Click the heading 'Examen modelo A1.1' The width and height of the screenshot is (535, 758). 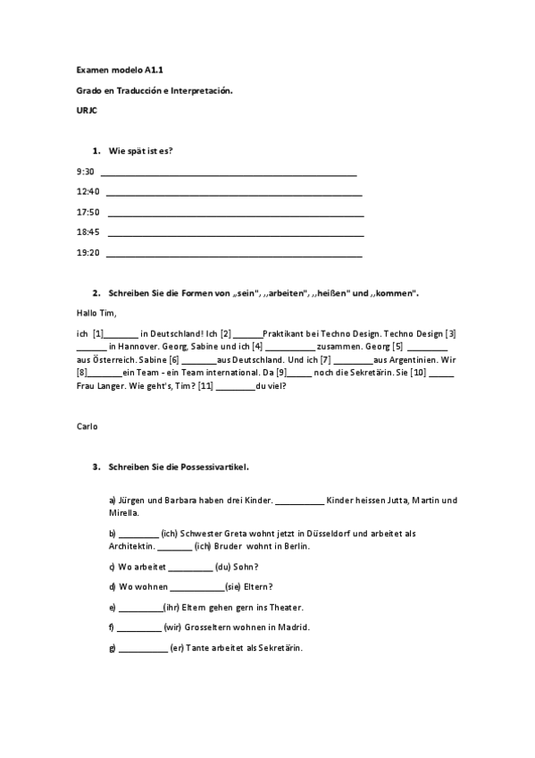pyautogui.click(x=114, y=69)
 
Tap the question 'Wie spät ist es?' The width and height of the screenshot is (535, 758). pyautogui.click(x=141, y=150)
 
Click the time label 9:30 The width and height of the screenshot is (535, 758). pyautogui.click(x=86, y=171)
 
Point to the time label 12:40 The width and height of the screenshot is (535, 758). pyautogui.click(x=88, y=191)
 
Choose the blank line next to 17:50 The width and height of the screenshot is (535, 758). pyautogui.click(x=234, y=215)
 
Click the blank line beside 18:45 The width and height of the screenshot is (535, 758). pyautogui.click(x=234, y=235)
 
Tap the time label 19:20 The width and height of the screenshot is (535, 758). pyautogui.click(x=88, y=253)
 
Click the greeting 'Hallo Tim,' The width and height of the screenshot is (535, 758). pyautogui.click(x=97, y=313)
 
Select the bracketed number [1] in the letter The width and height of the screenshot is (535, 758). pyautogui.click(x=98, y=333)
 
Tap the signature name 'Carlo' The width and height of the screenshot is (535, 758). pyautogui.click(x=88, y=426)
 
